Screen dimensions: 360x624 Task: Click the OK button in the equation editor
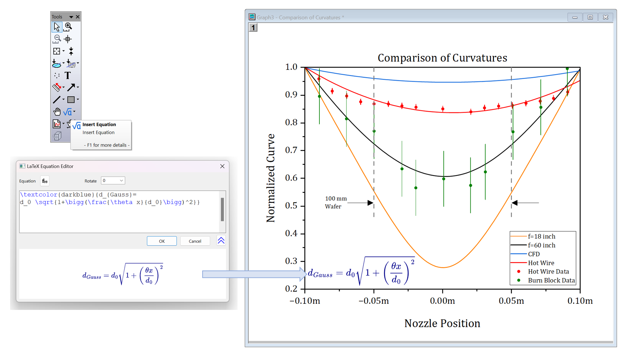(161, 241)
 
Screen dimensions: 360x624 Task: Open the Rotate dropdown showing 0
(113, 181)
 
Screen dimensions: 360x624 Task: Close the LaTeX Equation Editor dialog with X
(222, 166)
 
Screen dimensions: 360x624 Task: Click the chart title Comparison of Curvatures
(442, 58)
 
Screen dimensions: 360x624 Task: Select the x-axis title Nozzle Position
(442, 323)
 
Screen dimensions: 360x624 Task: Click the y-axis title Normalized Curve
(270, 178)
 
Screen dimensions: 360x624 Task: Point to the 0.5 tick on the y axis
(291, 206)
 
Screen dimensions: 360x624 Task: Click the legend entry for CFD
(534, 254)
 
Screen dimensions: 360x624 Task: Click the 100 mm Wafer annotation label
(336, 203)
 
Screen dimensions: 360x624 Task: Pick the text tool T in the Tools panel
(68, 75)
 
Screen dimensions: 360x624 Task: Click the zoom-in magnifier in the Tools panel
(68, 27)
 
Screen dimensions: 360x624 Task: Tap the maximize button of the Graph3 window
(590, 17)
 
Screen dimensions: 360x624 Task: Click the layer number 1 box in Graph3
(253, 28)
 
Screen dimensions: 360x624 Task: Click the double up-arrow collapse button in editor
(221, 241)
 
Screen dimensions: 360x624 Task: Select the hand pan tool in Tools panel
(57, 112)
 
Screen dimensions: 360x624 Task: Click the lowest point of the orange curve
(443, 267)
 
